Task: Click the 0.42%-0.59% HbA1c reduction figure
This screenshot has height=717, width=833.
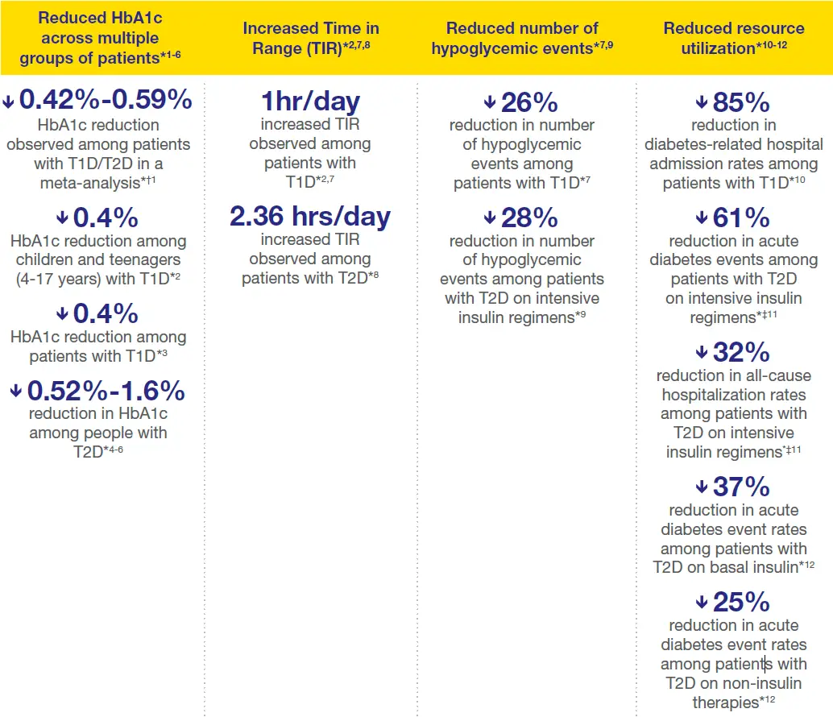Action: [106, 100]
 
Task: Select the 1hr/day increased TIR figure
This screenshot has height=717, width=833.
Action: [310, 102]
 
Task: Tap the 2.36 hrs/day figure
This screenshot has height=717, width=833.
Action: [310, 217]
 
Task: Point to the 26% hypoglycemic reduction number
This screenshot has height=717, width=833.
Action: [529, 102]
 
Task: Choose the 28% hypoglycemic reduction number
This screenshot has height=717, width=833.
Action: [529, 218]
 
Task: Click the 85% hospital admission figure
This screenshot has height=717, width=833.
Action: [741, 103]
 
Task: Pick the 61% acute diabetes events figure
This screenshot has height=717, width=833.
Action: [741, 218]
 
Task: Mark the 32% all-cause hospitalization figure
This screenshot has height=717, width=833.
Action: [741, 353]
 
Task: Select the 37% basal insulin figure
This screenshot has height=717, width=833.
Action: [741, 487]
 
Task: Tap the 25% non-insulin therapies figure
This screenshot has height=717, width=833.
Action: [741, 602]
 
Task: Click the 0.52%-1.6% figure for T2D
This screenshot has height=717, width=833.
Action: [106, 392]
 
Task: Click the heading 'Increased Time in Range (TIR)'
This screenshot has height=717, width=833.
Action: [311, 38]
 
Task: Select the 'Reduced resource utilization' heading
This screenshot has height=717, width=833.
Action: [733, 38]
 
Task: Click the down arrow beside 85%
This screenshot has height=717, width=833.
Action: [701, 103]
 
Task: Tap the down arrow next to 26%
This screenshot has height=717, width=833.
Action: [490, 102]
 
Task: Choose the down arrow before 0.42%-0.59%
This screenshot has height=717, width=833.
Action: [9, 101]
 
